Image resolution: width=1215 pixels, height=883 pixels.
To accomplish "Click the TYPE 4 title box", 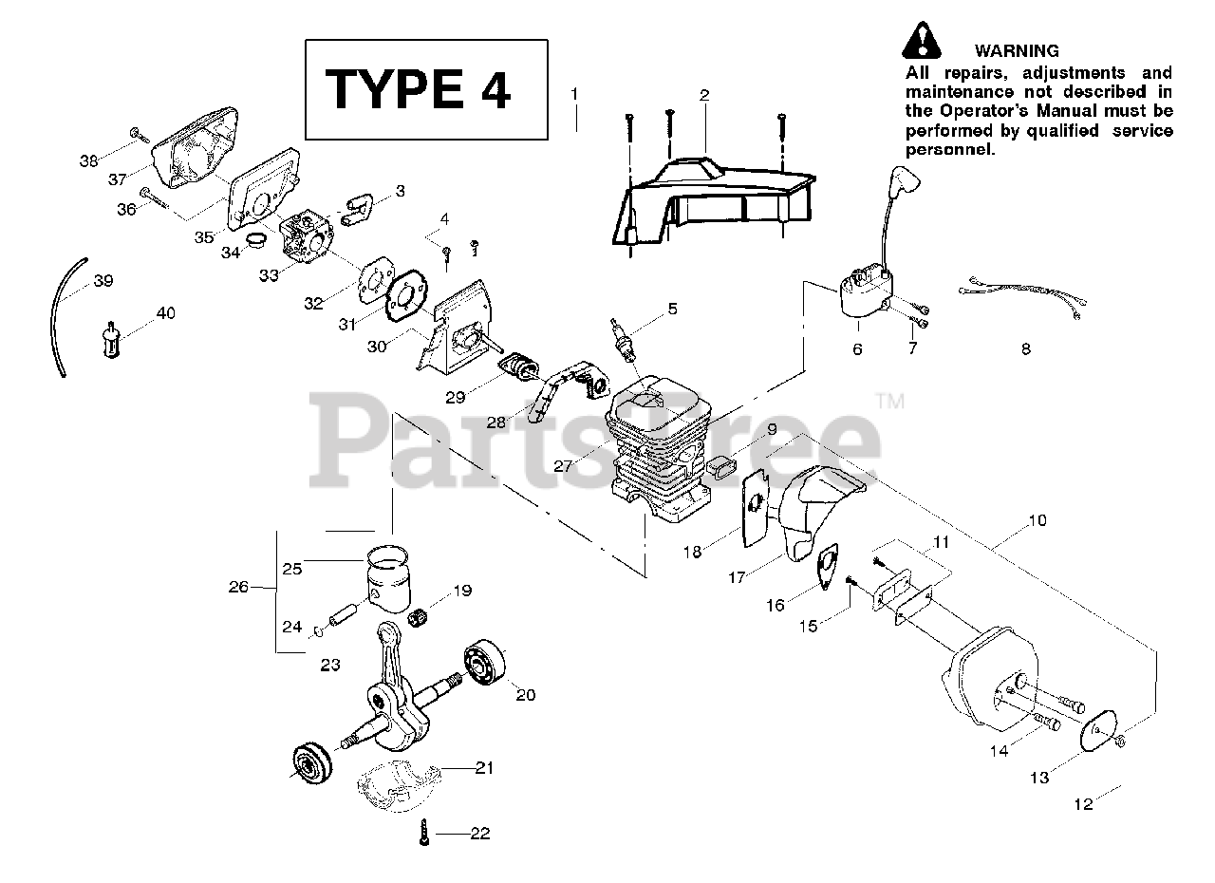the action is pyautogui.click(x=425, y=89).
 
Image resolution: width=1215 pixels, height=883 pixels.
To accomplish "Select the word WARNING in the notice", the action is pyautogui.click(x=1016, y=51).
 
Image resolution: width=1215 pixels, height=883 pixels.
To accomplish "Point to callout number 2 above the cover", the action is pyautogui.click(x=703, y=95).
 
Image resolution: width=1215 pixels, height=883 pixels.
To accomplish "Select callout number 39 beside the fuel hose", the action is pyautogui.click(x=103, y=280).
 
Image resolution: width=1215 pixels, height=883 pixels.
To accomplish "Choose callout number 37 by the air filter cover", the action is pyautogui.click(x=118, y=179).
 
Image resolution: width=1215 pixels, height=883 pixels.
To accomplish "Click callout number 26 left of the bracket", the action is pyautogui.click(x=238, y=587).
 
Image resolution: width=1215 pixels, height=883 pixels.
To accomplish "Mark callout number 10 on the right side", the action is pyautogui.click(x=1037, y=520).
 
